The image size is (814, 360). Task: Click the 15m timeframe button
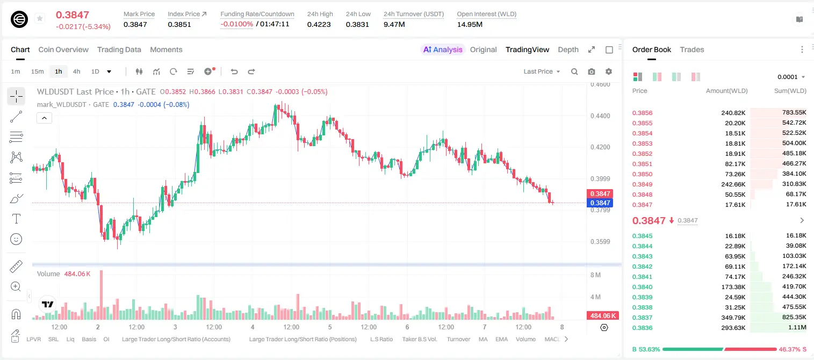(38, 71)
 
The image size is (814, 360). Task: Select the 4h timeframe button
(76, 71)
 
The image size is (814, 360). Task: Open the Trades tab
(692, 49)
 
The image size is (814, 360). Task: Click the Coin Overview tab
(63, 49)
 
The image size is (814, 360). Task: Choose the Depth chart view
(568, 49)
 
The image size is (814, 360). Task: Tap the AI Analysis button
(443, 49)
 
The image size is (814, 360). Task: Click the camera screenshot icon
(592, 71)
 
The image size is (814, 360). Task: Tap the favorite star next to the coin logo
(40, 18)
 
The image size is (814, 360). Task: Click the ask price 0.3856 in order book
(642, 113)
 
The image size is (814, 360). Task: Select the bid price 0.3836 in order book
(642, 328)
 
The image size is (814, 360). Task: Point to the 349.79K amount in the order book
(733, 318)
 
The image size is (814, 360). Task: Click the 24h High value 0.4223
(319, 24)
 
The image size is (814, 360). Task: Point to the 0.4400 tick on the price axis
(600, 116)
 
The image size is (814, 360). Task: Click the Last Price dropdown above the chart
(542, 71)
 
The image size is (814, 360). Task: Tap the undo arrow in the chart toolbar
(234, 71)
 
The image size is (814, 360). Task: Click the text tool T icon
(16, 219)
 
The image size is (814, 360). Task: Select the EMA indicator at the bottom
(501, 339)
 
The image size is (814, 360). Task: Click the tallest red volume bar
(101, 295)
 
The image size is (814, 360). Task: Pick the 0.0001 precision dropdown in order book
(791, 77)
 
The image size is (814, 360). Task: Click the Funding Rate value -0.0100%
(236, 24)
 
